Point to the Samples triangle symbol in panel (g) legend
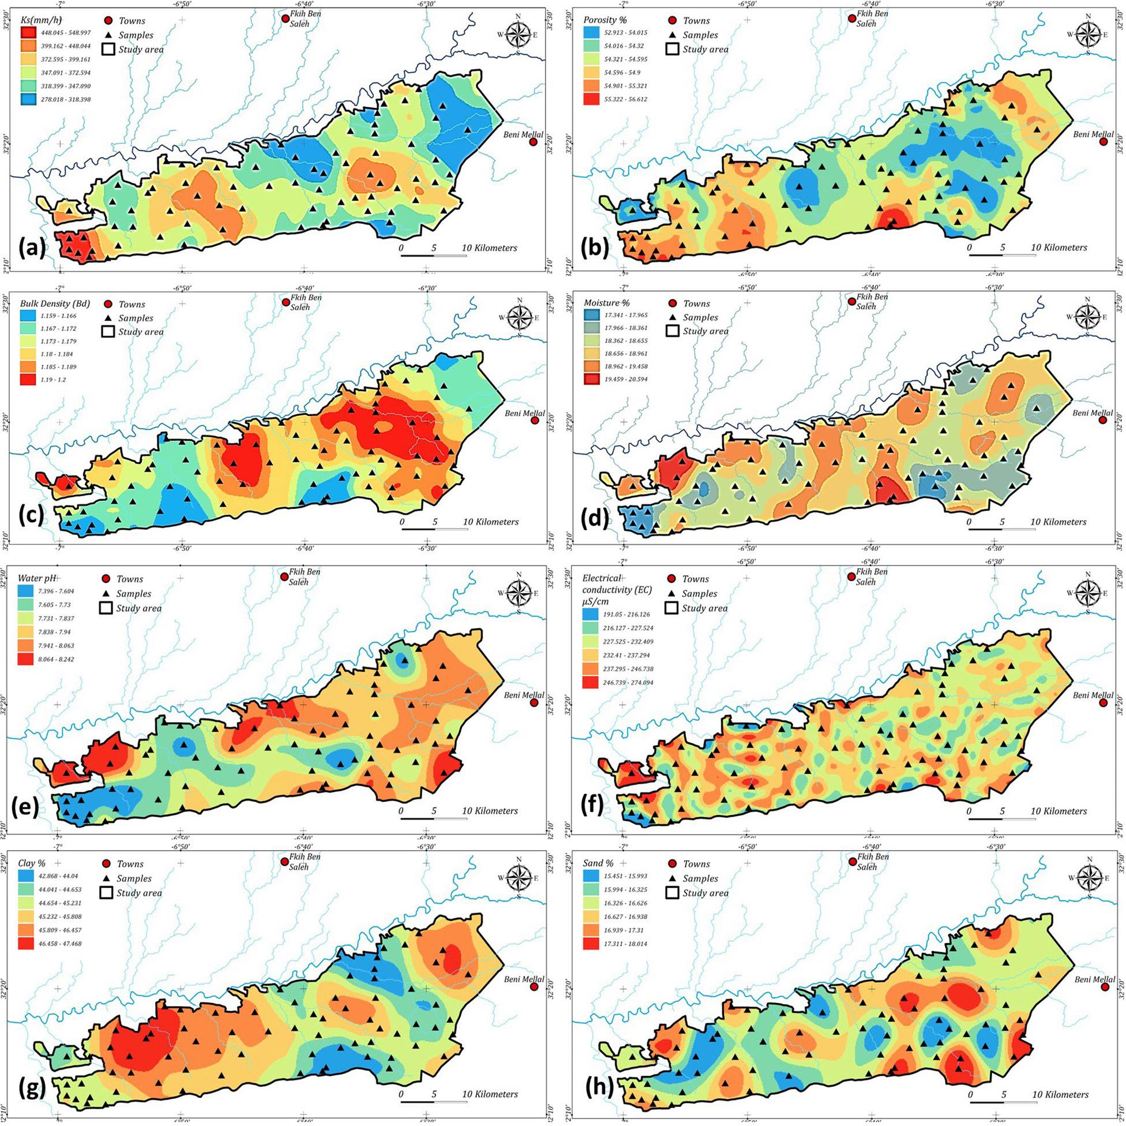(x=106, y=879)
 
